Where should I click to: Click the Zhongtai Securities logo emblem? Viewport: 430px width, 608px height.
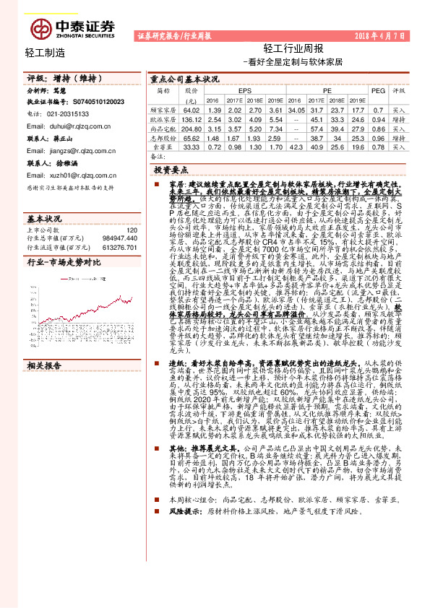42,30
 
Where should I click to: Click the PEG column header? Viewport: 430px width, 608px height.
377,91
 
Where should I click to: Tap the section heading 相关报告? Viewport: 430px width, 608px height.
44,365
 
